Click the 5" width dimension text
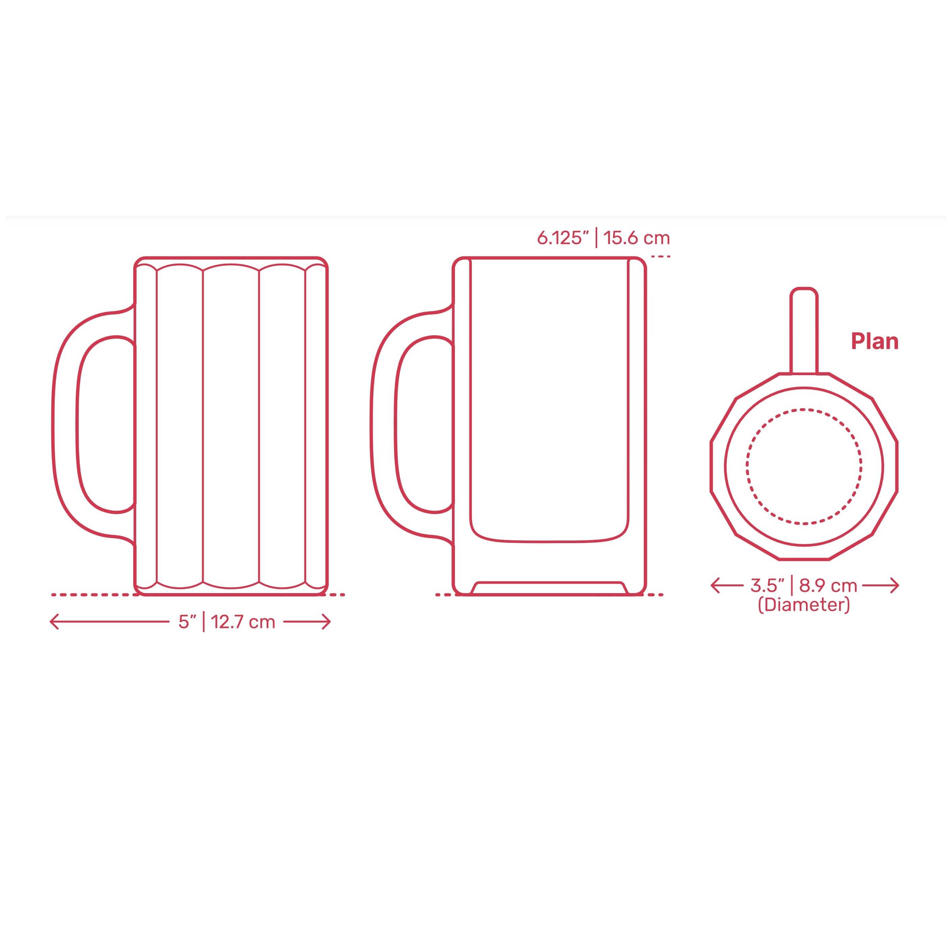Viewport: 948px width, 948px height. click(187, 622)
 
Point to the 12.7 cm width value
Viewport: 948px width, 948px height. click(243, 622)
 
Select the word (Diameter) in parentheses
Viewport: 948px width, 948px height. click(804, 605)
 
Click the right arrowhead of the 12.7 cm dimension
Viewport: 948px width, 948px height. click(327, 622)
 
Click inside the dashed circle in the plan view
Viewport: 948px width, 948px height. click(804, 466)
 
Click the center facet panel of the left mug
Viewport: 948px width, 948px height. click(230, 424)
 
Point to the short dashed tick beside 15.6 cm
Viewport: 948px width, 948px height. click(660, 256)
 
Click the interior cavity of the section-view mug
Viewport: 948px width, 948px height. click(549, 392)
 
